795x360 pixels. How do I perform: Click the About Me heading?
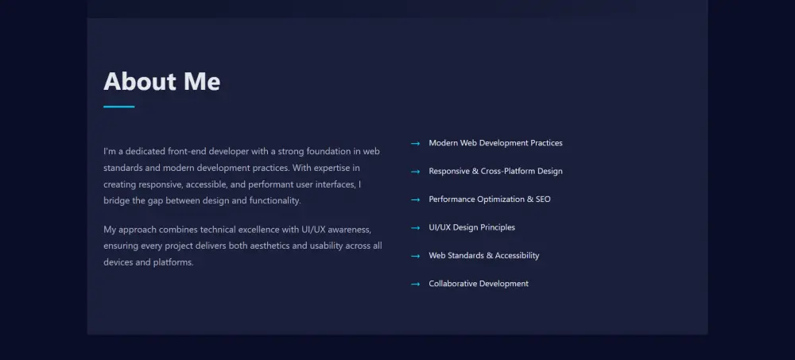(161, 82)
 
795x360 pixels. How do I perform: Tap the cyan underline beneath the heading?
(119, 107)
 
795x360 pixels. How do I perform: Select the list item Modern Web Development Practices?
(495, 143)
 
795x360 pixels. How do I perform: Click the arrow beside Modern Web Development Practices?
(415, 144)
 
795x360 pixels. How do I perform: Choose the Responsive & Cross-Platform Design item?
(495, 172)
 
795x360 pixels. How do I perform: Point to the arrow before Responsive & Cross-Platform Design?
(415, 172)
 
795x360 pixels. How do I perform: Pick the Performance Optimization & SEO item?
(489, 199)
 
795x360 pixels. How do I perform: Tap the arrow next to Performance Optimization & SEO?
(415, 199)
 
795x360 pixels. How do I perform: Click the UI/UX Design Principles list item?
(471, 227)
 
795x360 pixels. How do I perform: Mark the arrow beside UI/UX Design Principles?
(415, 228)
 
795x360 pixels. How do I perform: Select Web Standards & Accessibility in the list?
(483, 256)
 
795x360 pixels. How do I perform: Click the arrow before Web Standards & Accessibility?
(415, 256)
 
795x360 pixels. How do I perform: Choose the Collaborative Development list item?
(479, 284)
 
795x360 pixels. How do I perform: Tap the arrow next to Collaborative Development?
(415, 284)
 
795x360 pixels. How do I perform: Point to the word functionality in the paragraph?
(275, 201)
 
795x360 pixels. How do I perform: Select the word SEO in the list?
(543, 199)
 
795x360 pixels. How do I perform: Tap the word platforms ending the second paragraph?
(173, 262)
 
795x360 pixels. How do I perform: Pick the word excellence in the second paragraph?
(258, 230)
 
